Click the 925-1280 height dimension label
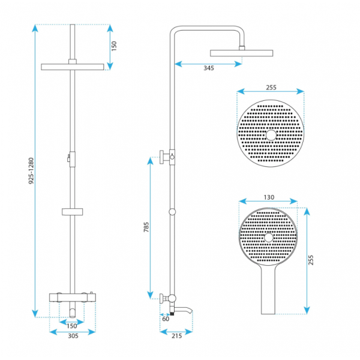tap(31, 170)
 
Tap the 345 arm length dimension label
tap(209, 68)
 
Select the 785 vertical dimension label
tap(146, 227)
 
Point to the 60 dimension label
tap(166, 319)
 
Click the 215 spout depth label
tap(176, 336)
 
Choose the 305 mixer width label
tap(73, 336)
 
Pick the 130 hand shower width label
tap(269, 197)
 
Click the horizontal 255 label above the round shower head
tap(271, 88)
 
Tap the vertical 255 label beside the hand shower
tap(311, 260)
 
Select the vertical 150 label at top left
tap(114, 46)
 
